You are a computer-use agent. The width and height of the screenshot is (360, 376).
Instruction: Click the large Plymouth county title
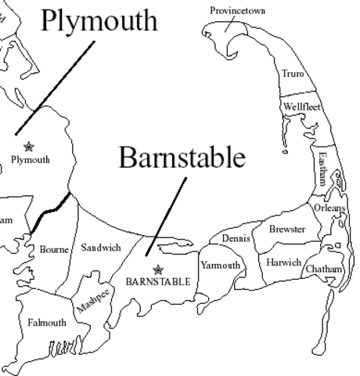99,21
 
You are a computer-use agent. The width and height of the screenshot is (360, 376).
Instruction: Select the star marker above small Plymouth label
30,146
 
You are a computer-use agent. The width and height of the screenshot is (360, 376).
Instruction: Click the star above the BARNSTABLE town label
158,269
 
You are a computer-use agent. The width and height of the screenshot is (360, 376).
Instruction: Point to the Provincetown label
236,10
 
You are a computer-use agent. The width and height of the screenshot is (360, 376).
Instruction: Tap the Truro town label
293,74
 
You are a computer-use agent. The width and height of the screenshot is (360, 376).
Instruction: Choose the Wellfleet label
302,107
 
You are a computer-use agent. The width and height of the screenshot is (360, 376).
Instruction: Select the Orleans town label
329,208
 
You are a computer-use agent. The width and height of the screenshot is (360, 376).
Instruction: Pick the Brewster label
287,230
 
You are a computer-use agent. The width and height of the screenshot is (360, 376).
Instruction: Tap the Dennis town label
235,237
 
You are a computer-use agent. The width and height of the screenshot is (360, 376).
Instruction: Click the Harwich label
283,262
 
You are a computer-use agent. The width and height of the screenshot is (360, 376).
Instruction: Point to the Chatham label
324,269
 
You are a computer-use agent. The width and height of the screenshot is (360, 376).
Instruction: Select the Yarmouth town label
221,266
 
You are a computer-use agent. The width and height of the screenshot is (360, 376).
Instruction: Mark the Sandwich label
101,248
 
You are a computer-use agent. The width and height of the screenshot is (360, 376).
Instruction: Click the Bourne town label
54,249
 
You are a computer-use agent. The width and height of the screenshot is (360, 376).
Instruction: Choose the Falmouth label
47,322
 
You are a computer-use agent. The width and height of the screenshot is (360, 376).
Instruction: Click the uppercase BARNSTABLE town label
158,280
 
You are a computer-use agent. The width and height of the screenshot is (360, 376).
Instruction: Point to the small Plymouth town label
31,159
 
